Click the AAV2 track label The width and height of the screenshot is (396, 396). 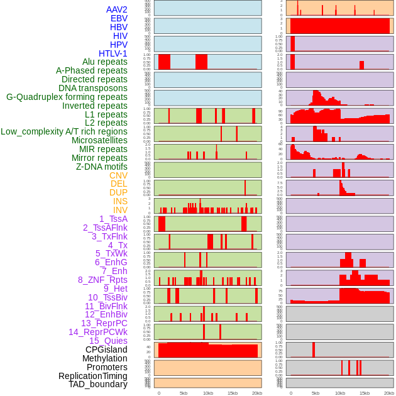tap(116, 9)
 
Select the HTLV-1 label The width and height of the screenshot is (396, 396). tap(113, 53)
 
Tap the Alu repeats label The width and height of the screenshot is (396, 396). tap(104, 62)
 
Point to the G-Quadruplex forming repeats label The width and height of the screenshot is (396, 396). tap(67, 97)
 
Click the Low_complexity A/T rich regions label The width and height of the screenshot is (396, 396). tap(64, 131)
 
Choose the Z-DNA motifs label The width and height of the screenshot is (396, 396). tap(101, 167)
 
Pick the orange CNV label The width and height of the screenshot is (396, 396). tap(118, 175)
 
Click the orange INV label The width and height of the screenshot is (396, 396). tap(119, 210)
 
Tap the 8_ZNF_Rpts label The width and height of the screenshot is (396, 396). tap(102, 280)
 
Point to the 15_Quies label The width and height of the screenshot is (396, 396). tap(107, 341)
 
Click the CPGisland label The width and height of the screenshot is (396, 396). tap(106, 349)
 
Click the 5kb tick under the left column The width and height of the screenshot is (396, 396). tap(184, 393)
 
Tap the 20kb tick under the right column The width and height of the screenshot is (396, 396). tap(389, 393)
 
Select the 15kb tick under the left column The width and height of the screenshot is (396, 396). tap(233, 393)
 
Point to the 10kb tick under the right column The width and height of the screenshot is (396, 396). tap(339, 393)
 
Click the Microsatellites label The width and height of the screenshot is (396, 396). tap(99, 140)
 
